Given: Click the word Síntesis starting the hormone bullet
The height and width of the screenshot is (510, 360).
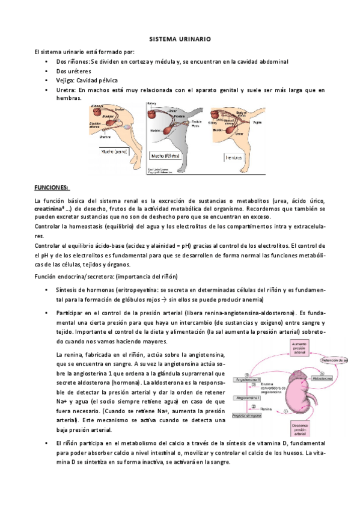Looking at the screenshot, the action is point(67,290).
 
